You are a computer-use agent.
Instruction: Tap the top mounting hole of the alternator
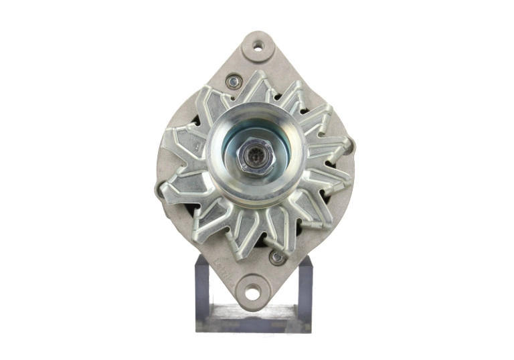coord(257,46)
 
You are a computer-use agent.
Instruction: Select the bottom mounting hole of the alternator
coord(251,292)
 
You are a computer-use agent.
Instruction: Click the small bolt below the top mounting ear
coord(234,82)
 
